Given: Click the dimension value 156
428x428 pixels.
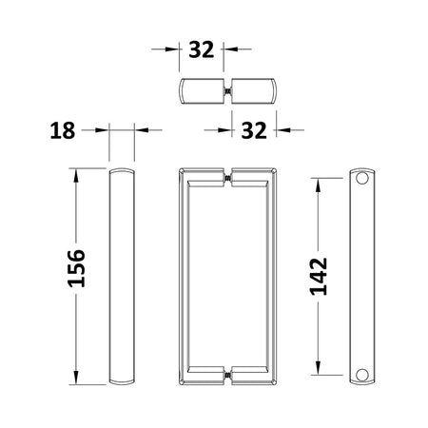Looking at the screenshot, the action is click(x=76, y=268).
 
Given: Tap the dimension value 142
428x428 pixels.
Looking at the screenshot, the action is click(x=319, y=277).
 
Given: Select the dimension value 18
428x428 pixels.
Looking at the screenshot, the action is click(x=63, y=130).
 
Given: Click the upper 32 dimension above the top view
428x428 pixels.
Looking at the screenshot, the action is click(x=202, y=49).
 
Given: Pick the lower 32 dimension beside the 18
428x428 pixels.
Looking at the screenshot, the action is click(x=254, y=130).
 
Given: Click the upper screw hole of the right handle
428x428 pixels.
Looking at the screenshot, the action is click(x=361, y=178).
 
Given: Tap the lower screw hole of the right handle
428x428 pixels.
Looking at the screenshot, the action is click(x=361, y=375).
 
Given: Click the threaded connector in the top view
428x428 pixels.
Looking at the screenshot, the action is click(x=227, y=91).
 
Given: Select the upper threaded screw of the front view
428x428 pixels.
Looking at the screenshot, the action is click(x=227, y=178).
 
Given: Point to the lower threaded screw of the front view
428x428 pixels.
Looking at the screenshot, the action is click(x=227, y=376).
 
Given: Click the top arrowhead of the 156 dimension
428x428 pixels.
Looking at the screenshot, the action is click(x=76, y=175).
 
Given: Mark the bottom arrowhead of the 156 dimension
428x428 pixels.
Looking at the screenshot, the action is click(x=76, y=378).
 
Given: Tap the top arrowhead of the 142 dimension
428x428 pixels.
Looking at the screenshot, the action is click(x=319, y=185).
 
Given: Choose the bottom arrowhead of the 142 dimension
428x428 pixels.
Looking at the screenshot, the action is click(x=319, y=368).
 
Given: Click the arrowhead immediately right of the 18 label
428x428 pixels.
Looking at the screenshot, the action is click(x=102, y=130).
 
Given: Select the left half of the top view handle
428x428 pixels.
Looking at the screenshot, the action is click(x=202, y=91).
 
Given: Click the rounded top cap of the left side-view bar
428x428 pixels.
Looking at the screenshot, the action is click(x=122, y=170).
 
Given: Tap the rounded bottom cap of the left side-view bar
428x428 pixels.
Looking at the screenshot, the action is click(x=122, y=382).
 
